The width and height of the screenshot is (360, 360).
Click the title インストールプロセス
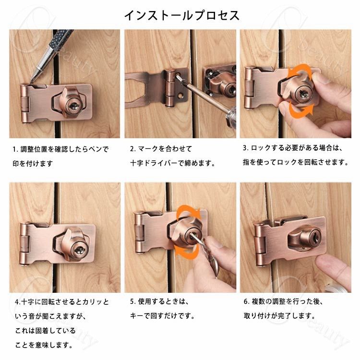click(x=182, y=16)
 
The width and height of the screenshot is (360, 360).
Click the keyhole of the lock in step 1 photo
click(x=73, y=106)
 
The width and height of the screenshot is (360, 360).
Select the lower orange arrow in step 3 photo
click(x=301, y=110)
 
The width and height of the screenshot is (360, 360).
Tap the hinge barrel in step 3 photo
click(x=250, y=88)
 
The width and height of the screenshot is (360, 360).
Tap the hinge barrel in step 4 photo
click(x=24, y=244)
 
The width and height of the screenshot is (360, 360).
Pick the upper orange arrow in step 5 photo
click(x=190, y=212)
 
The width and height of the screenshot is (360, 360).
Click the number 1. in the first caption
click(x=15, y=149)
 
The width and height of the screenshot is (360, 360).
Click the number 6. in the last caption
click(x=246, y=301)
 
